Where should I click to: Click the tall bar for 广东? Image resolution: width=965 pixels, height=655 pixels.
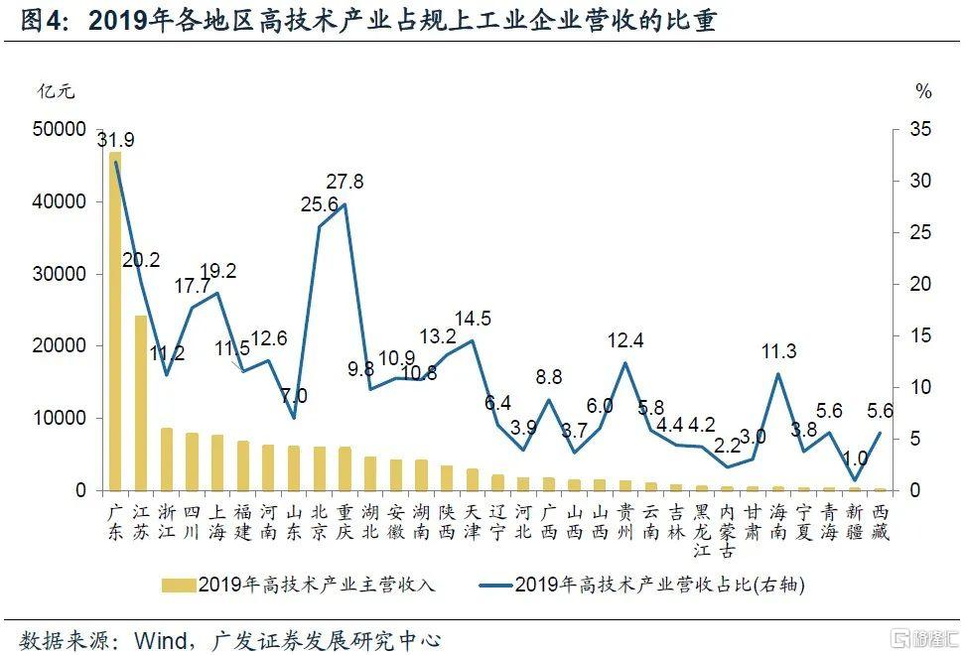tap(115, 321)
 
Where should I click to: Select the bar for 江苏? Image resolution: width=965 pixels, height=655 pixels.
tap(141, 402)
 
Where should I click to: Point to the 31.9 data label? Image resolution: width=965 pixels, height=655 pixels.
tap(116, 140)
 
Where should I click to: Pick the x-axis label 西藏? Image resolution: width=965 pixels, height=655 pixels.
tap(880, 522)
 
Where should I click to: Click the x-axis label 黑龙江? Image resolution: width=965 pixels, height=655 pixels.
tap(701, 531)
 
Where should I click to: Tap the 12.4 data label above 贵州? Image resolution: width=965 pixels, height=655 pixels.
tap(625, 341)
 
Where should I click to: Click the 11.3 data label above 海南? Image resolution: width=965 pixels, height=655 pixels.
tap(778, 352)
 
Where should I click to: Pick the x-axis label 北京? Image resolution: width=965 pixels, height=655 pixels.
tap(320, 522)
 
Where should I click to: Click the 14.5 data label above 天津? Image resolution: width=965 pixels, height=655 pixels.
tap(473, 319)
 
